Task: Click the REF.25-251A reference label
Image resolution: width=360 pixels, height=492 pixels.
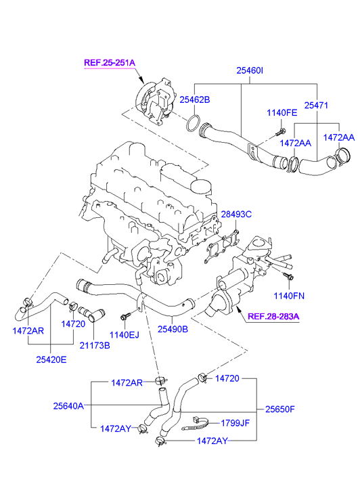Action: click(110, 63)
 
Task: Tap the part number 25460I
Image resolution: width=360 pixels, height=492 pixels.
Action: click(250, 70)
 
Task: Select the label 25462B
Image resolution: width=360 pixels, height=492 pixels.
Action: click(195, 99)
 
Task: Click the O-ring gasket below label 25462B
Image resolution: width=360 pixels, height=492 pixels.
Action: click(193, 123)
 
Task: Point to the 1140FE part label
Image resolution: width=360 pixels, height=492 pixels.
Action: click(282, 112)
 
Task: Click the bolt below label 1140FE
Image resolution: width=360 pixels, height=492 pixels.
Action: click(280, 132)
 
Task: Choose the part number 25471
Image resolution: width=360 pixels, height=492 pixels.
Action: click(316, 106)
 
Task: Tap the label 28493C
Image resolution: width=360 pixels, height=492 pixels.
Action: click(236, 215)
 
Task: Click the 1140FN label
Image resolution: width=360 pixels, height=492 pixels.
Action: click(289, 296)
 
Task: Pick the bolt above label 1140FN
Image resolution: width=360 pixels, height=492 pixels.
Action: click(288, 276)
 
